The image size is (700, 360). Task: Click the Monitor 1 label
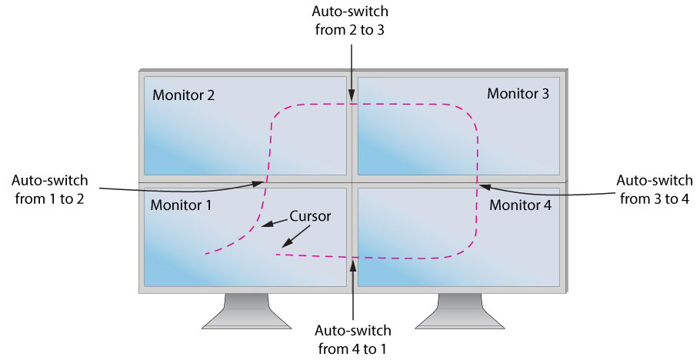click(x=182, y=205)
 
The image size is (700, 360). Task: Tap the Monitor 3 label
click(x=518, y=94)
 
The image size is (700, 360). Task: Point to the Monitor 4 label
click(x=520, y=205)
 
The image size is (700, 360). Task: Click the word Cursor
click(x=310, y=216)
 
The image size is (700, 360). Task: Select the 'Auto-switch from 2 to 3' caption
click(x=351, y=22)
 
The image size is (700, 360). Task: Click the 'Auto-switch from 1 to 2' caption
click(x=50, y=190)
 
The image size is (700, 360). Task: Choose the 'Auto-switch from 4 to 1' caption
click(x=353, y=339)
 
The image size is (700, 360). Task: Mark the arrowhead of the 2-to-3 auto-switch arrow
click(x=352, y=98)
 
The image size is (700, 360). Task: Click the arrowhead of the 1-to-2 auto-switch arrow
click(x=261, y=182)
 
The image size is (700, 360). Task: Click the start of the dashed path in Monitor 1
click(x=205, y=253)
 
